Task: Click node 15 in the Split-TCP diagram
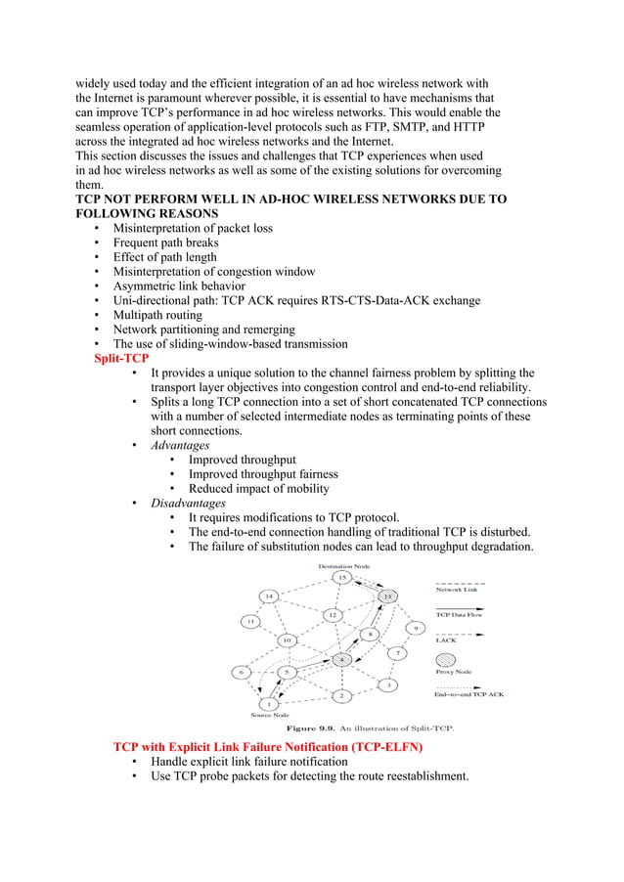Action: pos(341,578)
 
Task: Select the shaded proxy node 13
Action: pos(388,595)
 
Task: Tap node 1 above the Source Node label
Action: pos(267,703)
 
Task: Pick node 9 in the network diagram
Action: pos(417,628)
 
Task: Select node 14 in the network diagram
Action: pos(268,595)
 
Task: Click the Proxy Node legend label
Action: pos(453,672)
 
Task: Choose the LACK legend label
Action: pos(445,640)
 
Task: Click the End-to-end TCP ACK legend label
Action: pos(468,694)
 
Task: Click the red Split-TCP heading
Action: pos(108,359)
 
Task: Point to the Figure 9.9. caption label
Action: pos(311,728)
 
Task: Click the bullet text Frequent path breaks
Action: pos(165,243)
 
